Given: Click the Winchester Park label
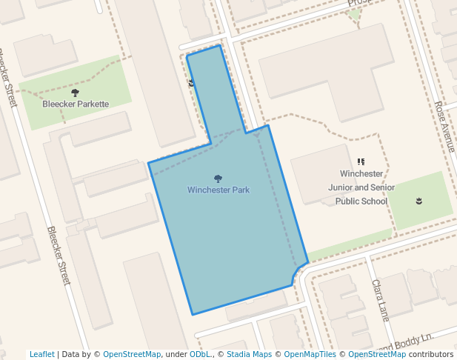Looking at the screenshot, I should pos(218,190).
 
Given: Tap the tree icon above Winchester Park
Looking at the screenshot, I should pos(218,179).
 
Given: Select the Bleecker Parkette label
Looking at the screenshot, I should pos(75,104).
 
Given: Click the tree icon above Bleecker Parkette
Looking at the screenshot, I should pos(75,93).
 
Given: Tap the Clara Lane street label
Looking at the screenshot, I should pos(380,300).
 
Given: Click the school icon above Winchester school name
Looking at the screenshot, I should pos(361,161).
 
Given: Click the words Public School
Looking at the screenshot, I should pos(361,201).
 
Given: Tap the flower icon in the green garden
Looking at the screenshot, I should pos(419,201).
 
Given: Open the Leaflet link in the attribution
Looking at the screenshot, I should pos(42,354).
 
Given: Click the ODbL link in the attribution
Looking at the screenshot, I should pos(200,354).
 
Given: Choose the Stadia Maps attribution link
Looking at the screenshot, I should pos(249,354).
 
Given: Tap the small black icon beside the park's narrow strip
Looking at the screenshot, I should pos(192,83).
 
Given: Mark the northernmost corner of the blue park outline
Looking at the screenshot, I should pos(220,45).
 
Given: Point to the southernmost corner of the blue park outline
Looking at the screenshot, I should pos(193,315).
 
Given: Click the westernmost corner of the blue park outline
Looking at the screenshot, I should pos(148,163).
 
